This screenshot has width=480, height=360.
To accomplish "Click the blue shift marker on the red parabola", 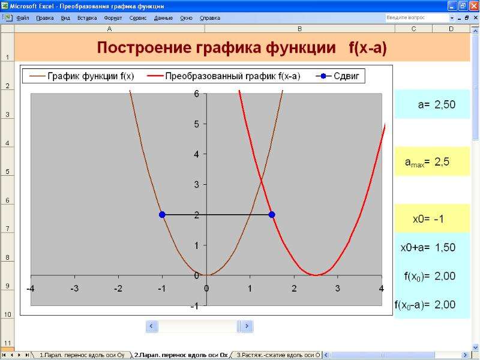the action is coord(272,215).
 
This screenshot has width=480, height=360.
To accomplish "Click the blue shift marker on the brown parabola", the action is coord(162,215).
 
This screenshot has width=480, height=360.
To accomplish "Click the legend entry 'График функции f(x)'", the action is coord(82,76).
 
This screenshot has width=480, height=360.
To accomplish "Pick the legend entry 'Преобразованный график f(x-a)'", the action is coord(223,76).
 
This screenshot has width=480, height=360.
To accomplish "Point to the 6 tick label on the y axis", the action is coord(196,94).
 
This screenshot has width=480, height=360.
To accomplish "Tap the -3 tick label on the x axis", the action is coord(74,289).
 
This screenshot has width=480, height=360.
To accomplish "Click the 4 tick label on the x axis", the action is coord(381,289).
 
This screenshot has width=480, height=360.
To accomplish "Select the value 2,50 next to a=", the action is coord(445,104).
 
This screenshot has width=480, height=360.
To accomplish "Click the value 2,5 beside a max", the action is coord(442,161).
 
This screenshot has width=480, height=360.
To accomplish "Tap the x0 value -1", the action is coord(439,219).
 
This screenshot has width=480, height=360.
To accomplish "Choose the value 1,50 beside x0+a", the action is coord(445,247).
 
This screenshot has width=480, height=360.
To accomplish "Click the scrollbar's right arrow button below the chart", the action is coord(247,326).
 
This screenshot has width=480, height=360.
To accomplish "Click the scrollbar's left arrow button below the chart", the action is coord(152,326).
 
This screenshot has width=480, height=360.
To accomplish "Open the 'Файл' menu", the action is coord(23,18).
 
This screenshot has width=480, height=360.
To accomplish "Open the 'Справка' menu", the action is coord(210,18).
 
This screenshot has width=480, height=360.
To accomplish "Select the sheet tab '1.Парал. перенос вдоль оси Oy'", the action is coord(82,355).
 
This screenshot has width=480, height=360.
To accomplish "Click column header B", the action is coord(299,29).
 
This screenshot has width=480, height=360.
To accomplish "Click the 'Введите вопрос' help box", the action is coord(416,18).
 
